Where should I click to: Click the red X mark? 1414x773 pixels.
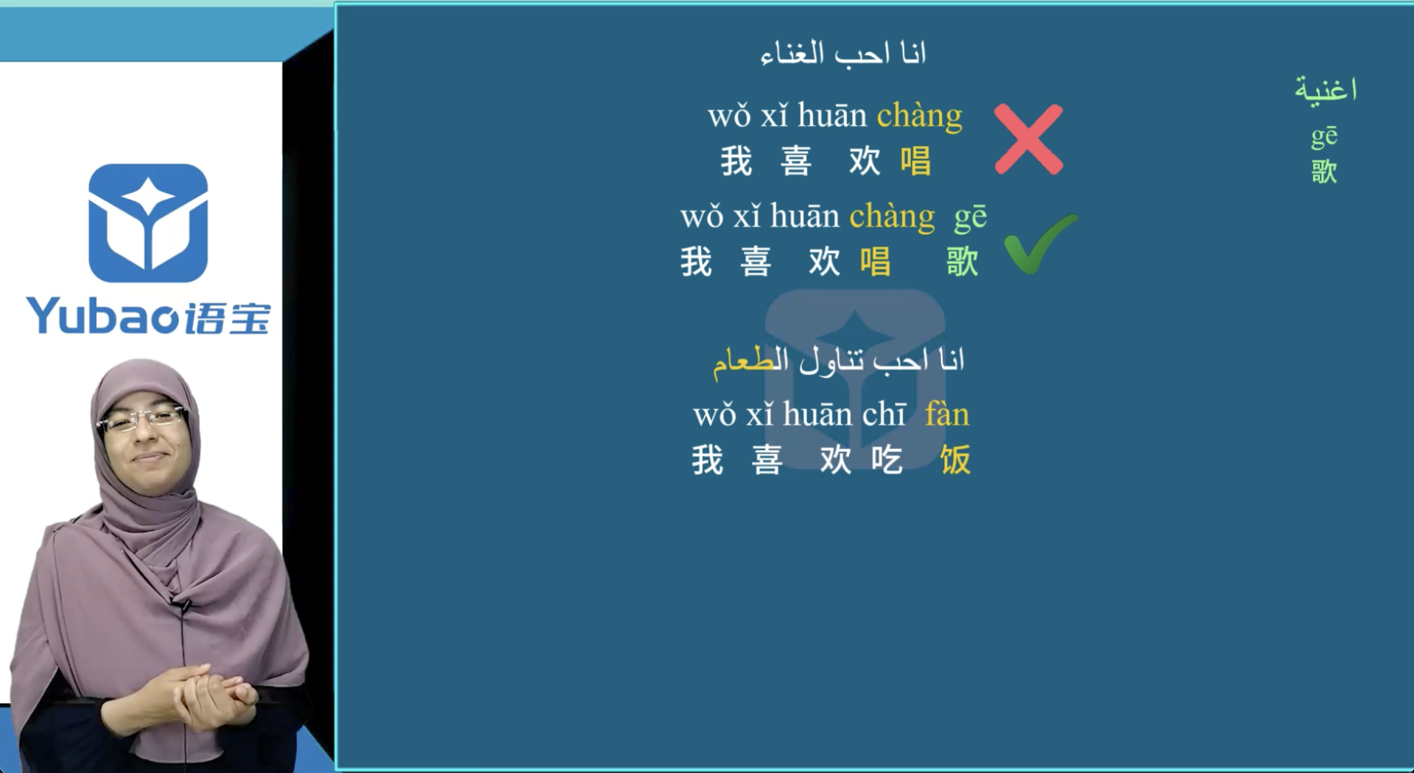tap(1028, 139)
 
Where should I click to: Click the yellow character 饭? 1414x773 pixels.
tap(955, 460)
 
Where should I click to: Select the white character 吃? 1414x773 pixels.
tap(887, 460)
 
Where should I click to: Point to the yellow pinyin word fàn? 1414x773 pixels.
tap(947, 414)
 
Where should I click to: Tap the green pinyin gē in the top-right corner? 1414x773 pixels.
tap(1324, 136)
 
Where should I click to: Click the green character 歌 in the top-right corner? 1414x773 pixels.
tap(1324, 172)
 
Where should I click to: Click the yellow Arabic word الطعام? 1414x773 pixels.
tap(750, 361)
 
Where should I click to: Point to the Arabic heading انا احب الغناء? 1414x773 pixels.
tap(843, 53)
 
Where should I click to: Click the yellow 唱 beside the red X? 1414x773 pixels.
tap(915, 161)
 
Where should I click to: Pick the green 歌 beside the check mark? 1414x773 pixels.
tap(962, 262)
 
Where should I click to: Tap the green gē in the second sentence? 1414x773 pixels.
tap(970, 217)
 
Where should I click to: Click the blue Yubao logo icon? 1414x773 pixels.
tap(148, 222)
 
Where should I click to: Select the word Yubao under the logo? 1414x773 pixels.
tap(102, 317)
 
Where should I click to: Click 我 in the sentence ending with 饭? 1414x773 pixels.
tap(707, 460)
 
